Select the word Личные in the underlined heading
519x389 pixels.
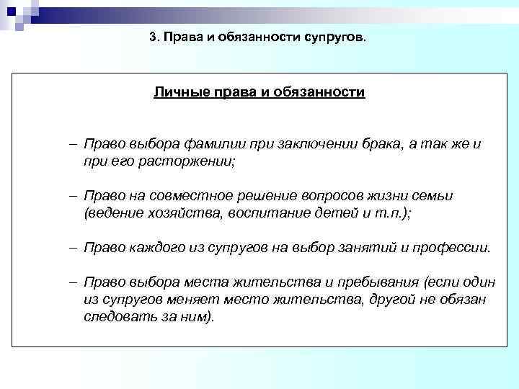[177, 93]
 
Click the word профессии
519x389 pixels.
[450, 248]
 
